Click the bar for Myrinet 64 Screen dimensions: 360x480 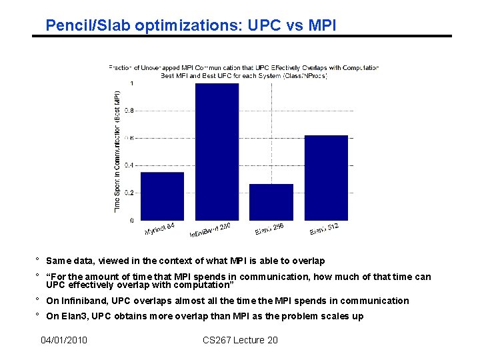coord(163,196)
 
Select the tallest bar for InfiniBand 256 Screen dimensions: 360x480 coord(217,152)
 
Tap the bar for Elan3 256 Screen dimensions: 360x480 coord(271,202)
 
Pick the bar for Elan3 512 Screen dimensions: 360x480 coord(326,177)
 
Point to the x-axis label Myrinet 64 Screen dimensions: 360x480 coord(160,229)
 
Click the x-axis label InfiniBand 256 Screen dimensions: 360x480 coord(211,230)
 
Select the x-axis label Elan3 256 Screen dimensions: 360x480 coord(269,229)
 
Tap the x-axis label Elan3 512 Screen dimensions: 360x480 coord(324,229)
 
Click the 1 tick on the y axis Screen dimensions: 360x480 coord(131,83)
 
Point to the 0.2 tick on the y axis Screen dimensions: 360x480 coord(130,193)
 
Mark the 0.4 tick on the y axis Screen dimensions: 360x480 coord(130,165)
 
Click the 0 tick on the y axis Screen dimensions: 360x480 coord(131,220)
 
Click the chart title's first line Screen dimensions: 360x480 coord(243,67)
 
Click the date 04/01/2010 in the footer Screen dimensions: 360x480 coord(64,341)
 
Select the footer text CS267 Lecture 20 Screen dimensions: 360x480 coord(240,341)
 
